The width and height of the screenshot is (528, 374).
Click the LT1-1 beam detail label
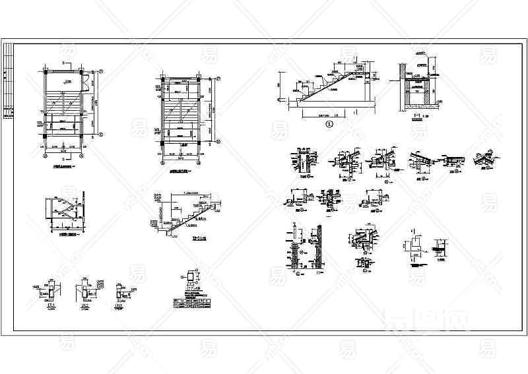tap(50, 304)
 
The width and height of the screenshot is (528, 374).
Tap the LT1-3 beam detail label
tap(118, 305)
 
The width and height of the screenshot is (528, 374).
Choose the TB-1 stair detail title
tap(196, 238)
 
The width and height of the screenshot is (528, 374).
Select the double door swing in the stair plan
tap(85, 84)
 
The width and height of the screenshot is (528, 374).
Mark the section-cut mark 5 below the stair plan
tap(63, 159)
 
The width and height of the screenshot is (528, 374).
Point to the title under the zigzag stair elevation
tap(67, 234)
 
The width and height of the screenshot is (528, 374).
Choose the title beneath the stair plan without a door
tap(181, 170)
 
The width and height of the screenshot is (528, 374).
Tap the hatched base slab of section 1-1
tap(416, 105)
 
